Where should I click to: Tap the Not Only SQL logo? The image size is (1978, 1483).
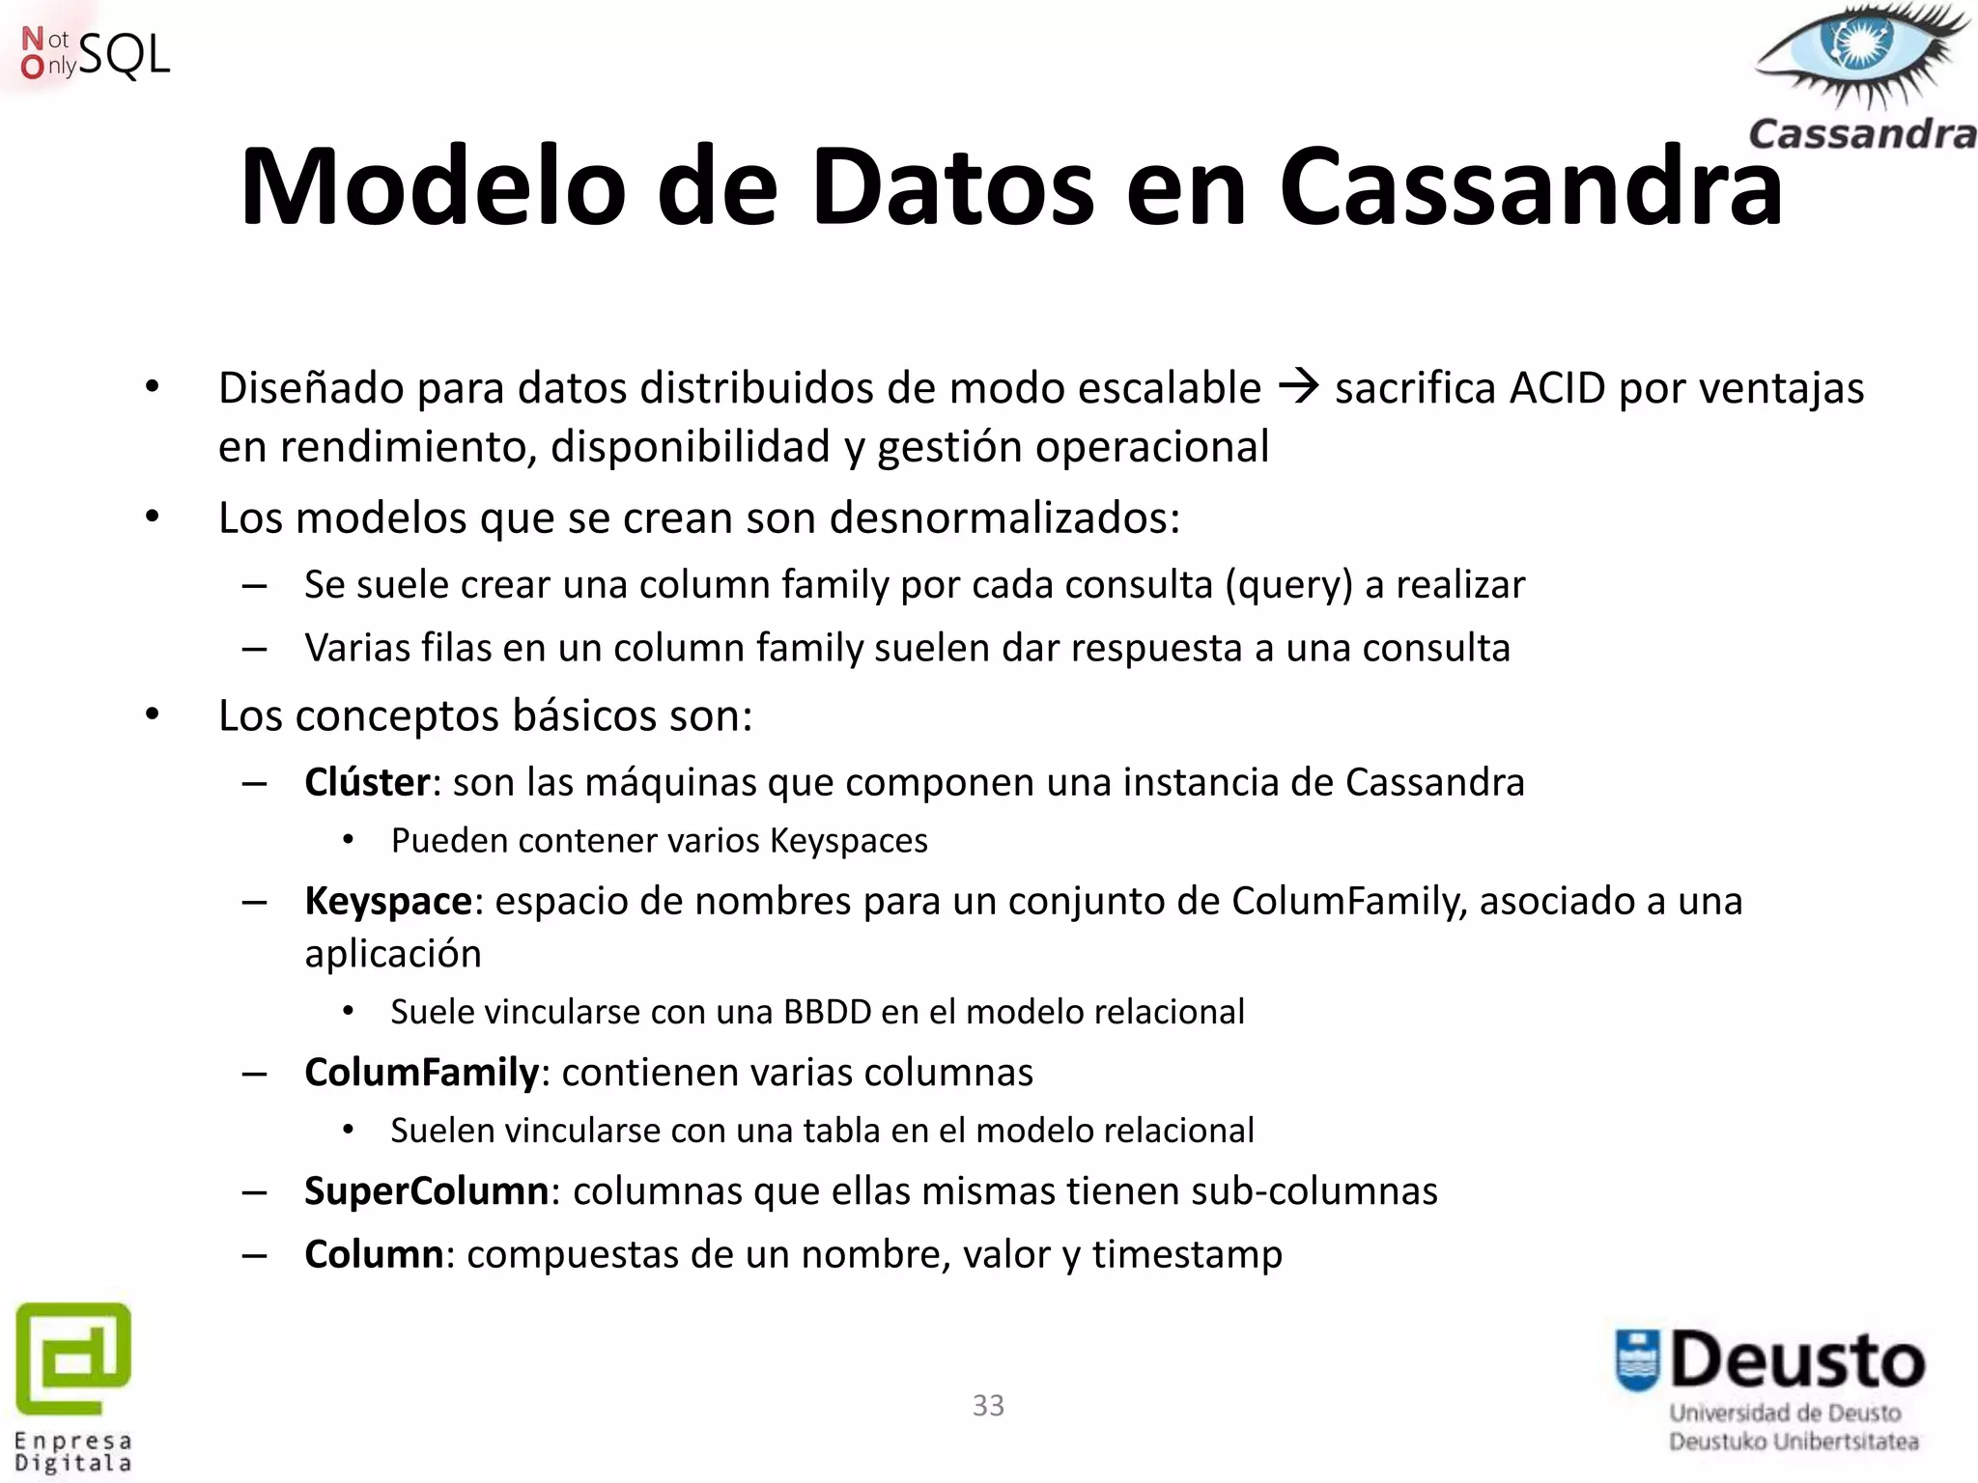[x=95, y=54]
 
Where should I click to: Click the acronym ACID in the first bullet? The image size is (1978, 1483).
[x=1557, y=388]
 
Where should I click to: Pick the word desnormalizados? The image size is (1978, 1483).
[x=1003, y=518]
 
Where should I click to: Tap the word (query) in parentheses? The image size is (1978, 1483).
[x=1288, y=585]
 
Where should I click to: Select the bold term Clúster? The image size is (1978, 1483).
[x=367, y=782]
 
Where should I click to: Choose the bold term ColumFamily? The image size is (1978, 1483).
[x=421, y=1073]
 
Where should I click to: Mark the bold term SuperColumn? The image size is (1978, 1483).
[x=426, y=1191]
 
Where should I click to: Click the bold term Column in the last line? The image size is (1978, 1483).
[x=374, y=1254]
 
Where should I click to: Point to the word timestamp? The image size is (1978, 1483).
[x=1187, y=1254]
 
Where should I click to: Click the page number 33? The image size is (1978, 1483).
[x=988, y=1406]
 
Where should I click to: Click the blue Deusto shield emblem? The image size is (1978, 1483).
[x=1637, y=1360]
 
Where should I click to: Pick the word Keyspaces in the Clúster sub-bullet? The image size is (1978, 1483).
[x=849, y=841]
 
